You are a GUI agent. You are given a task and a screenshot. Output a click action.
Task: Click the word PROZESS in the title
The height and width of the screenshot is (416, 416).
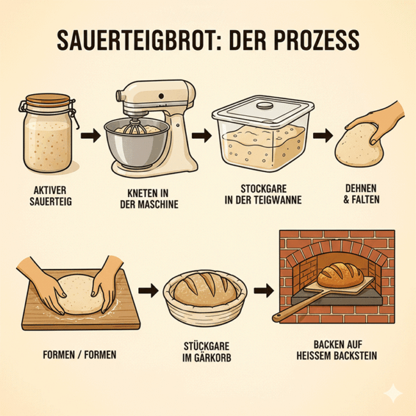[x=316, y=40]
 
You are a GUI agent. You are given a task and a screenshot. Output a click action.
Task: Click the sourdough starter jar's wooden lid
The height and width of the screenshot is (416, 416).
[x=48, y=99]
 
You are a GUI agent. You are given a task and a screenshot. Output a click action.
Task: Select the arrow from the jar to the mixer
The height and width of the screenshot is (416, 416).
[x=91, y=136]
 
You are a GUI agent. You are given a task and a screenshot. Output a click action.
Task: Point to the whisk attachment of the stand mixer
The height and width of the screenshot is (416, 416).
[x=134, y=127]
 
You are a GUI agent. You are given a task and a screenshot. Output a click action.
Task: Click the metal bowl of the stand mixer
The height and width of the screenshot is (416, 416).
[x=136, y=143]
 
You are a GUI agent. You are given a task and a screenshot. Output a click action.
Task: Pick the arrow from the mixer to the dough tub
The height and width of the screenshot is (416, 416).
[x=202, y=136]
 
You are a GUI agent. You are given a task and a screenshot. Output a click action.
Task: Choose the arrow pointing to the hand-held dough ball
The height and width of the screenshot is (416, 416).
[x=323, y=136]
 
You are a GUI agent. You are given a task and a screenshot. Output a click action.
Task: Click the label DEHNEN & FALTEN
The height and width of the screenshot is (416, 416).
[x=361, y=194]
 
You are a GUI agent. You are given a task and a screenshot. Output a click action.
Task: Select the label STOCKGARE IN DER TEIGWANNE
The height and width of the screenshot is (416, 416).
[x=263, y=195]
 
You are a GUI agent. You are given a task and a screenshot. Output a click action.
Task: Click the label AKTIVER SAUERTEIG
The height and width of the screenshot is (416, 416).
[x=51, y=196]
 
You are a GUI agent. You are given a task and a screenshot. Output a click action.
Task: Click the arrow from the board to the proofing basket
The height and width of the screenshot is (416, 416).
[x=148, y=291]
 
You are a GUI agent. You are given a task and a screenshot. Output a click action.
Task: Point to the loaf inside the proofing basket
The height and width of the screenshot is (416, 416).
[x=205, y=289]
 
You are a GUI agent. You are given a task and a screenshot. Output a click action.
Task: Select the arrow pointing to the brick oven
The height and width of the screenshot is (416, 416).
[x=264, y=291]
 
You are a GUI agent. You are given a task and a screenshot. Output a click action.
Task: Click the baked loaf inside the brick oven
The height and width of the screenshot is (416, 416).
[x=340, y=275]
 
